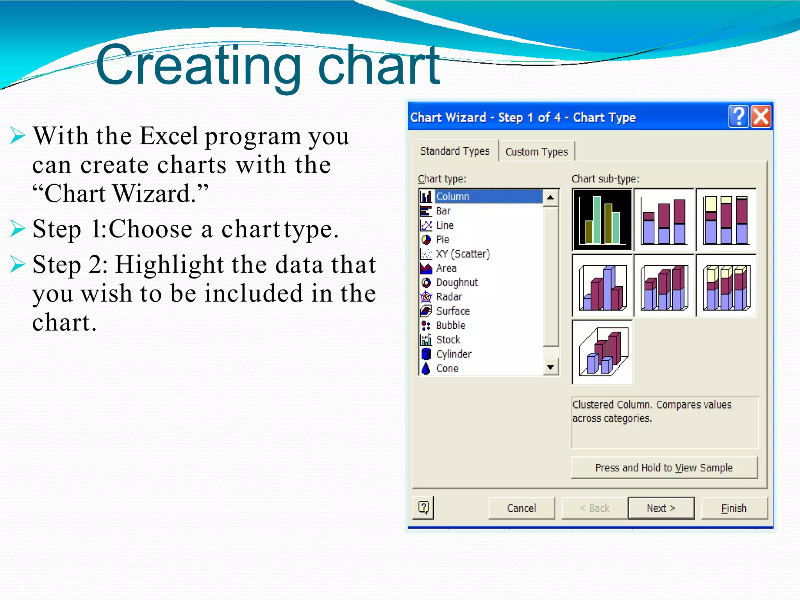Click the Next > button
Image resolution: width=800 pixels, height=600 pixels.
click(x=661, y=508)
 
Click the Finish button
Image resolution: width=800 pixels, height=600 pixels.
click(x=734, y=508)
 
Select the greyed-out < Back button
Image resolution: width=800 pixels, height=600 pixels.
click(x=594, y=508)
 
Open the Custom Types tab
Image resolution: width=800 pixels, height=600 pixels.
click(x=536, y=152)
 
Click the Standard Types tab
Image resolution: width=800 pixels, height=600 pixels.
click(x=455, y=151)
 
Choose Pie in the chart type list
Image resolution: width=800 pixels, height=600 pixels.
click(x=443, y=239)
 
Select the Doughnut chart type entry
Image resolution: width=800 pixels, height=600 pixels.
click(x=457, y=282)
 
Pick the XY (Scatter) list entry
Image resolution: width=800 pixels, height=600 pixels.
click(x=462, y=254)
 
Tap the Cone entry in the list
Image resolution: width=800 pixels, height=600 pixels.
click(x=447, y=368)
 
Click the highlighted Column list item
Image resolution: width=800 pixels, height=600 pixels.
click(x=452, y=196)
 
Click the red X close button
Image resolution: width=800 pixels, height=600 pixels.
click(x=761, y=116)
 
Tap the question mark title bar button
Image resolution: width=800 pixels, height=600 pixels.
click(x=738, y=116)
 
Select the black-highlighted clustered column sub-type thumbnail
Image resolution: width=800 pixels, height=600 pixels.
click(x=602, y=220)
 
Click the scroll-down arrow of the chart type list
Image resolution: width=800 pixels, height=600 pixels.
click(x=550, y=367)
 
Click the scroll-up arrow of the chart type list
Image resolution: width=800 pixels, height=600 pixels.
click(x=550, y=197)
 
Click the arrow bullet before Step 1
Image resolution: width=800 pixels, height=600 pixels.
click(x=18, y=228)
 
